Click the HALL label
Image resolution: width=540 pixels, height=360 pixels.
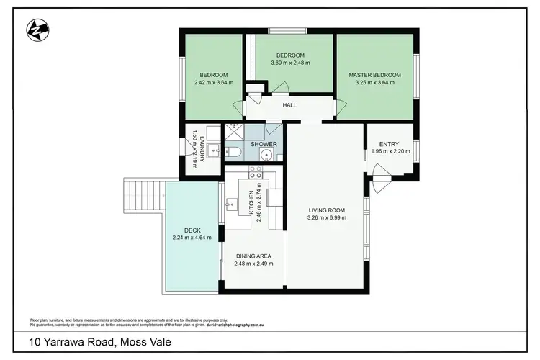point(289,105)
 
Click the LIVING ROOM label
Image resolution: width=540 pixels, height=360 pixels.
point(326,210)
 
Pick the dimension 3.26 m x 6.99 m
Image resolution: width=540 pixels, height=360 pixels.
point(326,217)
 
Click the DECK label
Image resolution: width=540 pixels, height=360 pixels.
point(192,230)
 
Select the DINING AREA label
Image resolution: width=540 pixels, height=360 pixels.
point(252,256)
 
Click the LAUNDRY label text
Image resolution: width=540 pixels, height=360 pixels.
point(202,148)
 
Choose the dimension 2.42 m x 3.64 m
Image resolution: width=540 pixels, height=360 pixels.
point(213,83)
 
